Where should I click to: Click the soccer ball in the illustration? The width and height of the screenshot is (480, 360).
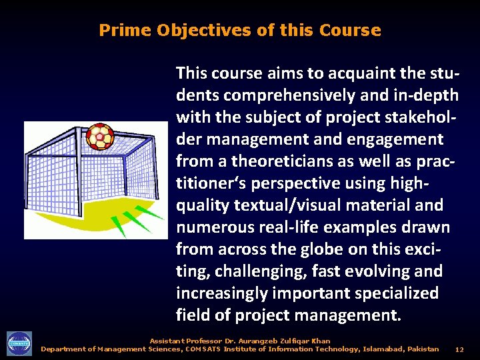click(x=100, y=136)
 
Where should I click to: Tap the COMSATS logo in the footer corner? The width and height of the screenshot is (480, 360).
click(x=19, y=344)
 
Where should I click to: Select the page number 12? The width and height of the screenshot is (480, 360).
click(x=459, y=349)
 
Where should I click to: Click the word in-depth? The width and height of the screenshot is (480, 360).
click(x=414, y=95)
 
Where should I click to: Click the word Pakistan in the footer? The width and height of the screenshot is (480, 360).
click(x=423, y=349)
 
